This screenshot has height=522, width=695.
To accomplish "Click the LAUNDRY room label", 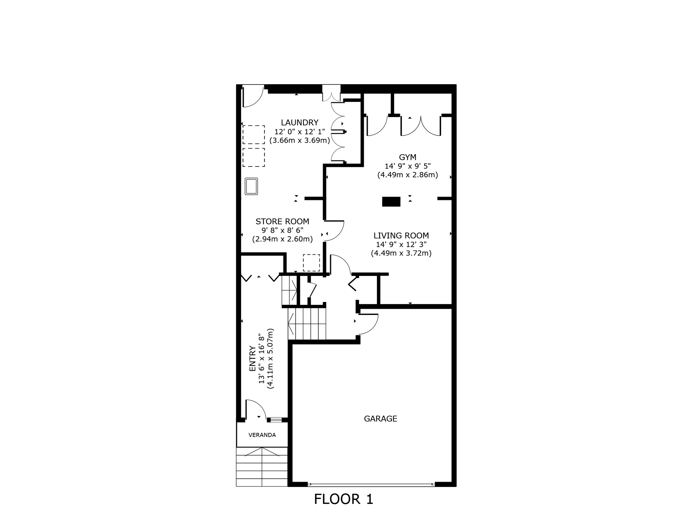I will (299, 122).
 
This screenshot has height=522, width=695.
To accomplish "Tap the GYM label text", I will (407, 157).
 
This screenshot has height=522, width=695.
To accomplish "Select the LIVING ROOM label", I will (401, 236).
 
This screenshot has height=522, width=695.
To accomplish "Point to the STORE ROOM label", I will (282, 222).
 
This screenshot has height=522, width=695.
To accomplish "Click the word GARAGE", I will (380, 419).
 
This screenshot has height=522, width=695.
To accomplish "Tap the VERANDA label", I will (262, 435).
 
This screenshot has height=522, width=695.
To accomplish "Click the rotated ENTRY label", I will (252, 359).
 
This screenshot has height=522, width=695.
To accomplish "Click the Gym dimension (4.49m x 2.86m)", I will (407, 175).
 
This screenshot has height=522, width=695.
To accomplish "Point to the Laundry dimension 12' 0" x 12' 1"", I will (299, 132).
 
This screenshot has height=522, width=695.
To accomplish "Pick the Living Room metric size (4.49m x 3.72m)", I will (401, 253).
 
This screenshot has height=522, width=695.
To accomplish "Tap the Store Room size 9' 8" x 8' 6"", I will (282, 230).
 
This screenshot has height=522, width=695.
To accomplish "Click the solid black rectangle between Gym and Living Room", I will (391, 202).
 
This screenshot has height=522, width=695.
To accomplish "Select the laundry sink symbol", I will (251, 186).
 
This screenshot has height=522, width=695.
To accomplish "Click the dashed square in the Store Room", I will (311, 263).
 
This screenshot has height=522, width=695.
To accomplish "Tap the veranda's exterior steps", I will (262, 467).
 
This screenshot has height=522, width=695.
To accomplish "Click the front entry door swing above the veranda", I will (255, 410).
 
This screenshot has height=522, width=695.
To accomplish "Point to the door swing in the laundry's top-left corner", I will (252, 97).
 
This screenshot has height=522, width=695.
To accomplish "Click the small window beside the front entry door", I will (276, 420).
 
